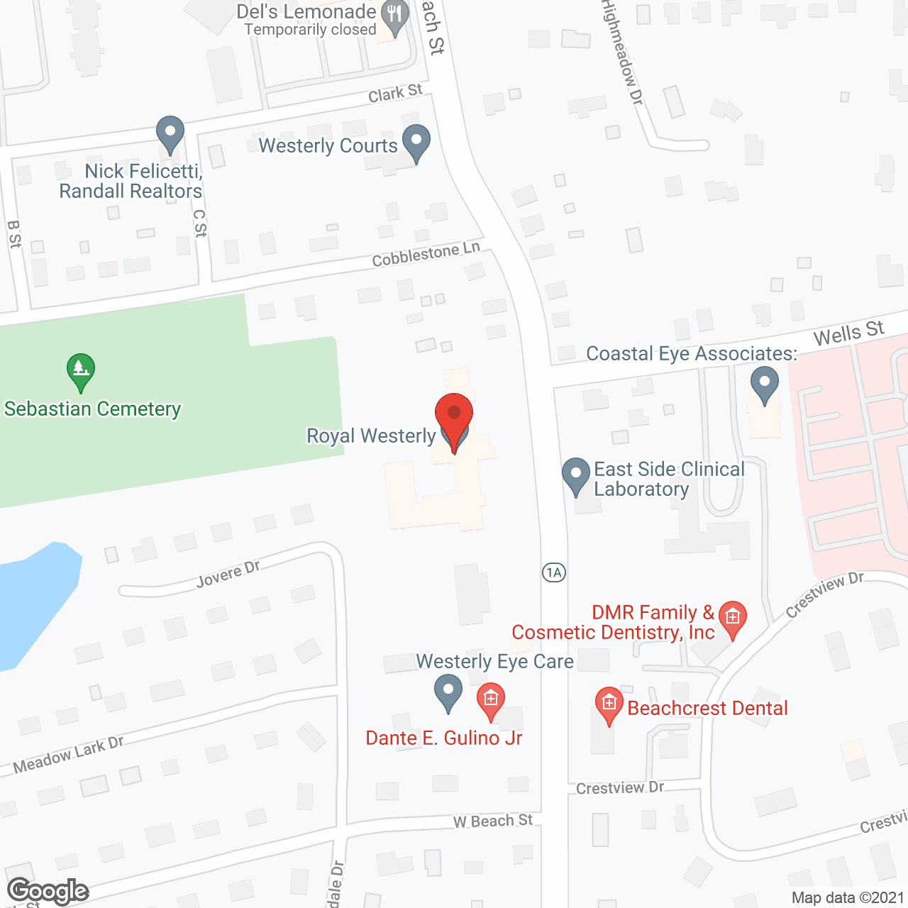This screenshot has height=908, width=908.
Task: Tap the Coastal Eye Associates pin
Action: click(x=764, y=384)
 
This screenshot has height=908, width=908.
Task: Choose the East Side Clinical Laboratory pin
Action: click(x=576, y=475)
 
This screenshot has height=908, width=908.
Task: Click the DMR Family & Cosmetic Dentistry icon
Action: click(x=733, y=619)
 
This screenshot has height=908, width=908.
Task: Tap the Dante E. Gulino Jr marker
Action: click(x=490, y=700)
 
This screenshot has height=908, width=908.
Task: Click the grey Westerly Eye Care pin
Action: click(x=448, y=692)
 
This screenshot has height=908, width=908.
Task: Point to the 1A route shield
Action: click(x=554, y=572)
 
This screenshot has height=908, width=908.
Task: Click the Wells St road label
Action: click(x=848, y=333)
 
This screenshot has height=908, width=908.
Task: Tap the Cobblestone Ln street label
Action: click(x=426, y=254)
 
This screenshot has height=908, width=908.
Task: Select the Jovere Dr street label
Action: click(x=228, y=575)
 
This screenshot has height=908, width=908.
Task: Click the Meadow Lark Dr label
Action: click(x=69, y=755)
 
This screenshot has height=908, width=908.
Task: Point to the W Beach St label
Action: click(x=493, y=821)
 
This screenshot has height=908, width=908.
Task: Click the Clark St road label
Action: click(x=395, y=93)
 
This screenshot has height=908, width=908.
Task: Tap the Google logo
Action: click(x=48, y=891)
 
